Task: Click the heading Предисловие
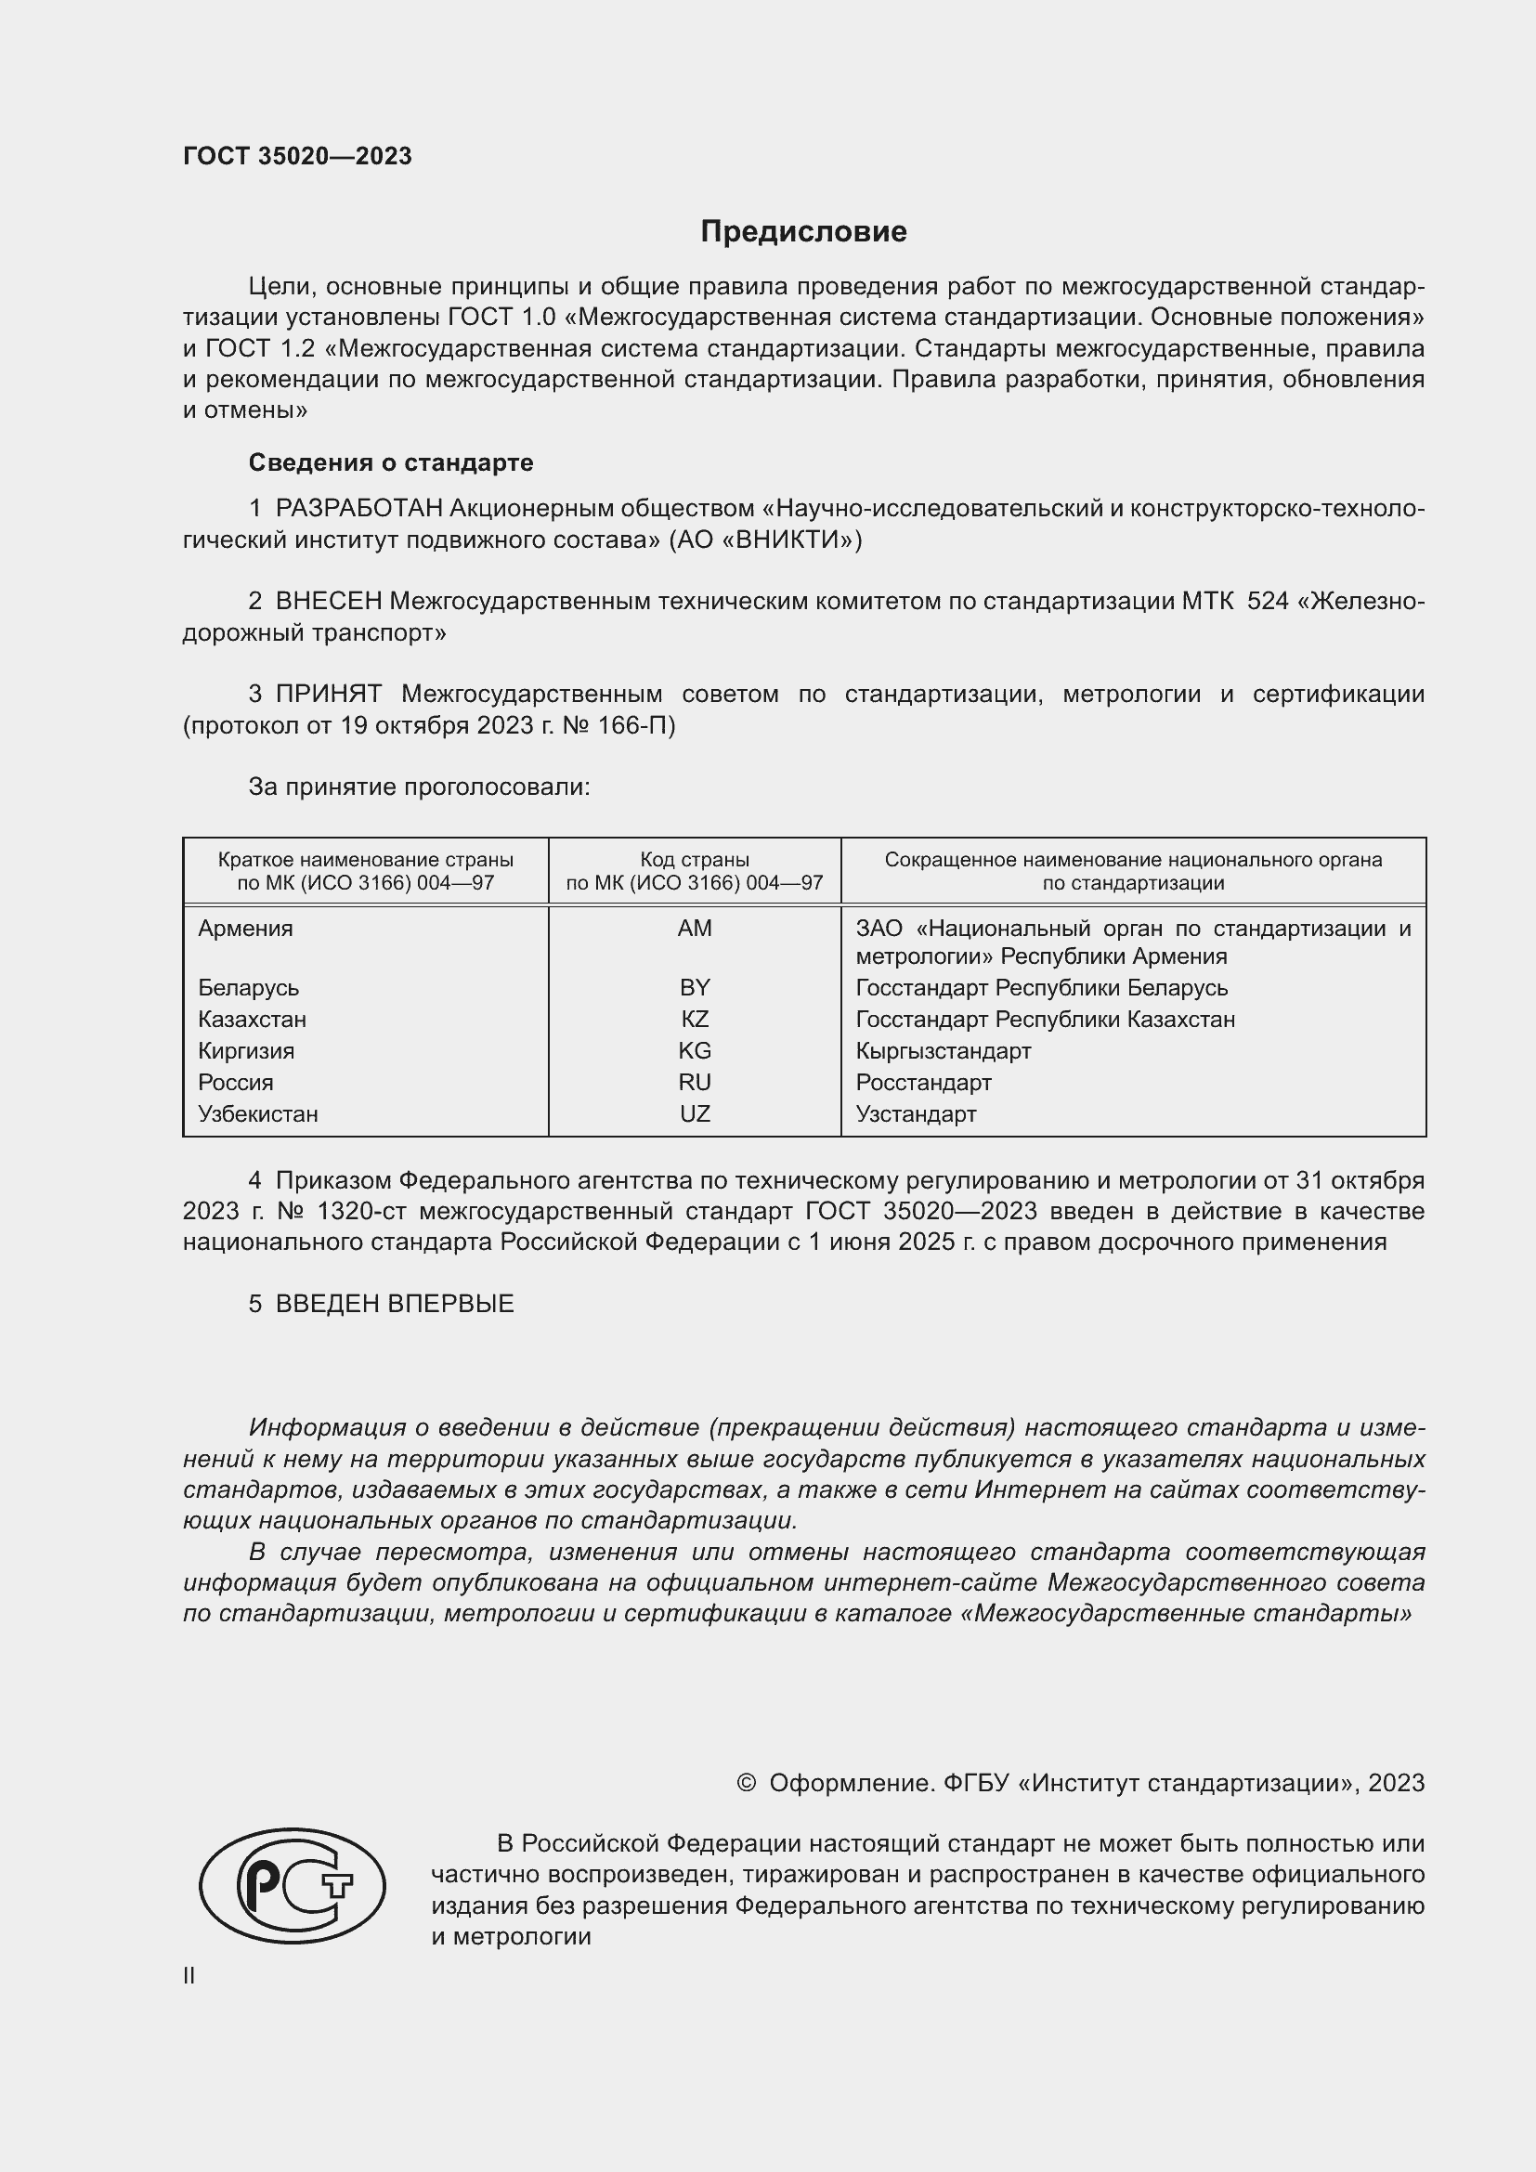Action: pos(803,232)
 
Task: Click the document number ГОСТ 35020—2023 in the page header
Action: pos(297,156)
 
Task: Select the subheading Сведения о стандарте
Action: pos(391,462)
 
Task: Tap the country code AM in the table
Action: pos(695,928)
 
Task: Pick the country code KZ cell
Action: pos(695,1019)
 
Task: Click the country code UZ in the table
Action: pos(695,1113)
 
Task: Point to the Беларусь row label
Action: pos(248,988)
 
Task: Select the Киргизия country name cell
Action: pos(246,1051)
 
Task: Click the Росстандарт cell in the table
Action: pos(923,1082)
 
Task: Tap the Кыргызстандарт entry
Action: pos(943,1051)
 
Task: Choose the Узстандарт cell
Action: pos(916,1113)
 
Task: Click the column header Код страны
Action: pos(695,860)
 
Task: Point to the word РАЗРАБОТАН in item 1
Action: pos(358,509)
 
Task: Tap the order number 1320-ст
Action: pos(367,1212)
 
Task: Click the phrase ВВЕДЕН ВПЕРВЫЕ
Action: pos(395,1304)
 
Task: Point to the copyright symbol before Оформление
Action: pos(746,1782)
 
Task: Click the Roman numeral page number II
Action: pos(189,1975)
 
